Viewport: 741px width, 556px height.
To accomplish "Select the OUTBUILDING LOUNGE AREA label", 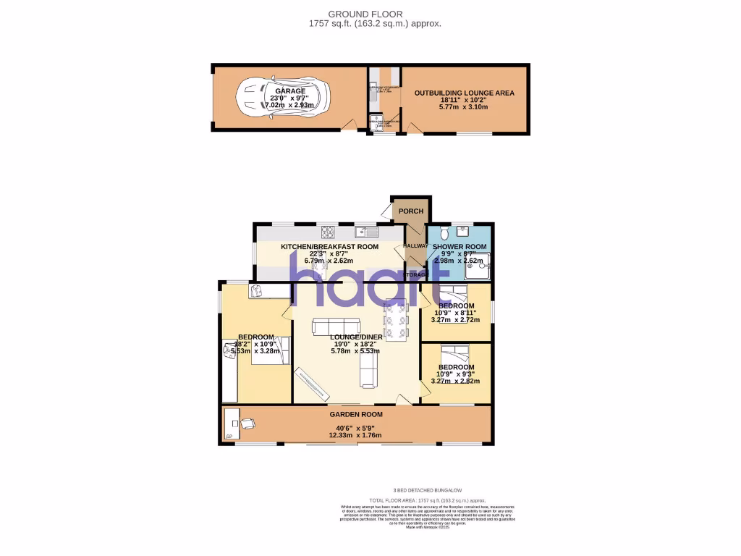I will (x=464, y=93).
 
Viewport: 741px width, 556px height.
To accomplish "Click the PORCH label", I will (x=411, y=211).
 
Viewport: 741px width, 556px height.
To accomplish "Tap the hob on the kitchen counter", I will (x=328, y=232).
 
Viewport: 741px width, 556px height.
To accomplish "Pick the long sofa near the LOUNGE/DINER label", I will (x=335, y=326).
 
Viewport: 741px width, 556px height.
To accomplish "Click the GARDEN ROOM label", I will (x=356, y=414).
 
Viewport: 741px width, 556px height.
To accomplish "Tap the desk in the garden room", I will (x=231, y=424).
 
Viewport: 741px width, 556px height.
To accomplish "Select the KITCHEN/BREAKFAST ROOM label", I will (x=329, y=247).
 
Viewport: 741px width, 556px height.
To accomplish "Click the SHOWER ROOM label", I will (x=459, y=247).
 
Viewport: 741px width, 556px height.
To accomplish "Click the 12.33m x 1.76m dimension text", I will (x=355, y=435).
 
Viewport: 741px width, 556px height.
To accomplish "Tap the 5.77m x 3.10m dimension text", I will (x=464, y=107).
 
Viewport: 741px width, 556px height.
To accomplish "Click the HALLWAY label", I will (x=416, y=246).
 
